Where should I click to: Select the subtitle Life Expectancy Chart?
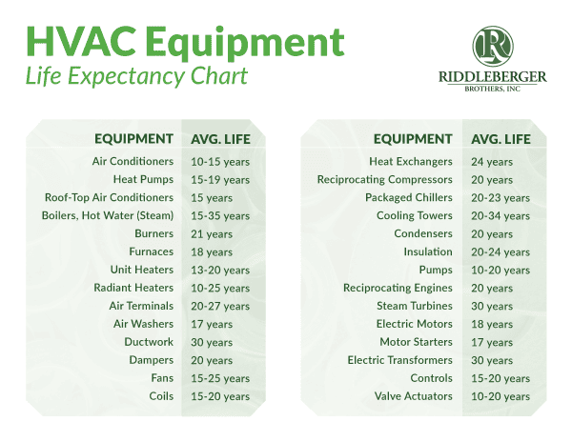tap(136, 76)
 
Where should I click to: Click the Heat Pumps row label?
tap(143, 179)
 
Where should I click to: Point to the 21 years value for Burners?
tap(212, 233)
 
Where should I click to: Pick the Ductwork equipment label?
tap(150, 342)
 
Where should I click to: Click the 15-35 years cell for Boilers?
tap(220, 215)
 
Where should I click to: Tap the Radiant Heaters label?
tap(133, 288)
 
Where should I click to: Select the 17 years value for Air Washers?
tap(212, 324)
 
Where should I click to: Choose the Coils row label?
tap(161, 396)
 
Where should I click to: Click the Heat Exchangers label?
tap(411, 162)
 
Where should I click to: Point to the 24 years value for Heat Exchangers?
tap(492, 162)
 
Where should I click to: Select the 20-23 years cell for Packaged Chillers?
tap(500, 198)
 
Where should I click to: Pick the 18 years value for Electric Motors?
tap(492, 324)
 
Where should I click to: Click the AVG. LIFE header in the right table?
tap(500, 139)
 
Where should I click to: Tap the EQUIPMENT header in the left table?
tap(133, 139)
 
